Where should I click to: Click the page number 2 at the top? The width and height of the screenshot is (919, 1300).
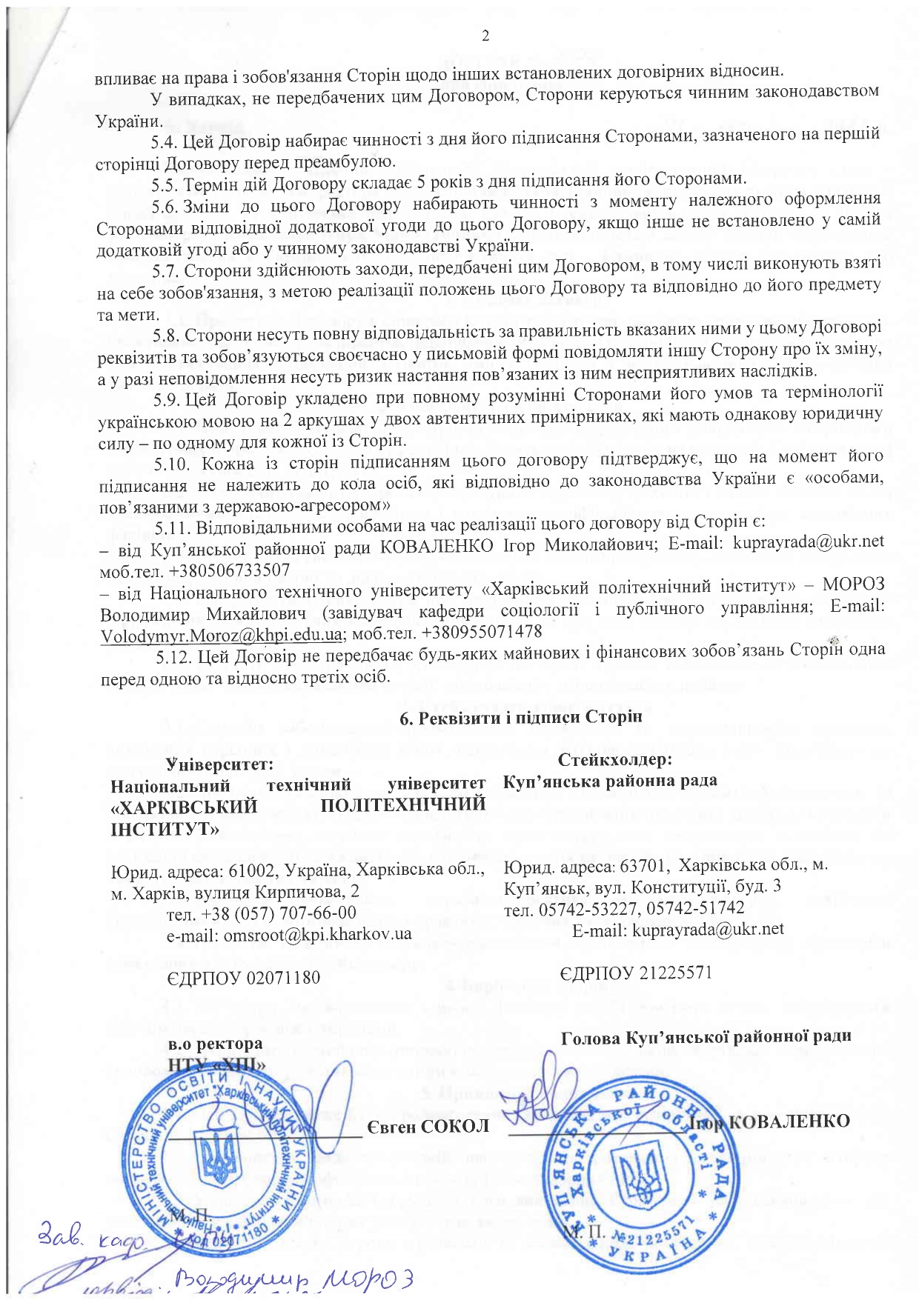[x=485, y=36]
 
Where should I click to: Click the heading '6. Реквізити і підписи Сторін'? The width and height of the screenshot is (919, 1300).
[x=520, y=717]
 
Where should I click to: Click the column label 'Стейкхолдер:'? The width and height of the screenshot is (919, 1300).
[x=614, y=759]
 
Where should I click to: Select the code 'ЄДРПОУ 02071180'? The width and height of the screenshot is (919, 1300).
[x=244, y=978]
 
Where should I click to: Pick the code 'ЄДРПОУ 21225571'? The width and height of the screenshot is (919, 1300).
[x=635, y=972]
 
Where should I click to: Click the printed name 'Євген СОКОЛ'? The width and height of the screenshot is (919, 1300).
[x=428, y=1126]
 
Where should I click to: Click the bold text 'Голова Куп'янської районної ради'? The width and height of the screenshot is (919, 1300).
[x=706, y=1036]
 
